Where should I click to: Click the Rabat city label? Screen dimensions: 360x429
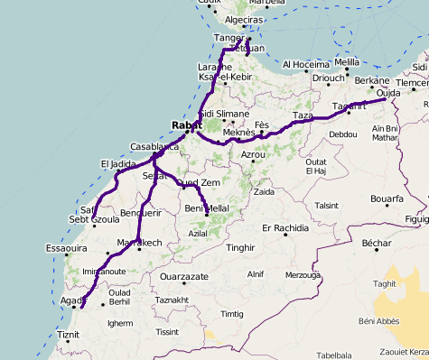(186, 125)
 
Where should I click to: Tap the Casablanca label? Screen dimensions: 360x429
(154, 146)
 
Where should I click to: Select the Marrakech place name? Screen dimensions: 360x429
(139, 243)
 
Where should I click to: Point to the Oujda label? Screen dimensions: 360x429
(388, 93)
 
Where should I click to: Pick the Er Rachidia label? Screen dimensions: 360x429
(285, 227)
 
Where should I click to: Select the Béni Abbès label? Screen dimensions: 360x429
(378, 321)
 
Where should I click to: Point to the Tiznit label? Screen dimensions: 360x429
(68, 335)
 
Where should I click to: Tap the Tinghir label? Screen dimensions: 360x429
(241, 247)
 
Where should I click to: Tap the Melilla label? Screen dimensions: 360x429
(346, 62)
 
